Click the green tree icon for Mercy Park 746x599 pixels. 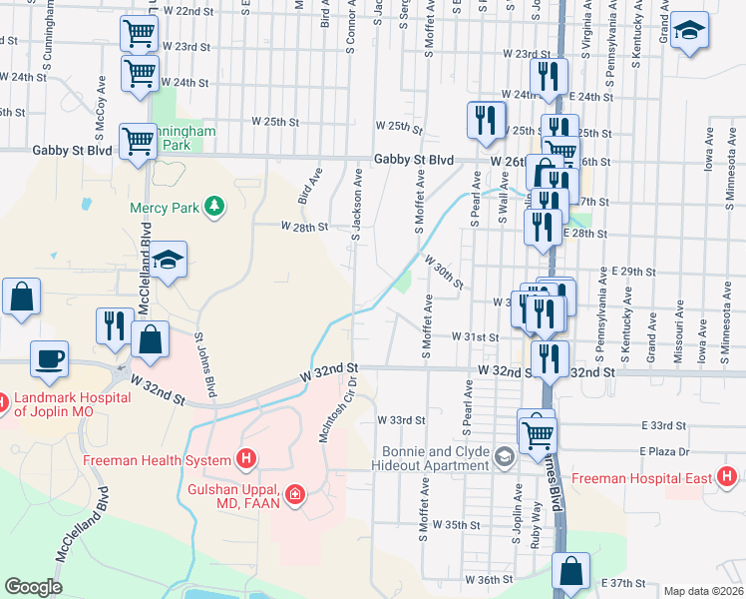point(212,207)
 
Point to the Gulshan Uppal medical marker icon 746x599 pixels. point(294,493)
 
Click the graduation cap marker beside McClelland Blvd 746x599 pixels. point(170,260)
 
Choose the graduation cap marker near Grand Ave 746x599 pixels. point(689,30)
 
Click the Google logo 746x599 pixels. point(34,587)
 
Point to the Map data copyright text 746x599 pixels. point(703,591)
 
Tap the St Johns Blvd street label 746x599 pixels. point(205,363)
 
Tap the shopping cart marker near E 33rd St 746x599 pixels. point(537,429)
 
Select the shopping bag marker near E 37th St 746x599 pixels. point(571,571)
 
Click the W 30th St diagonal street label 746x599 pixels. point(444,272)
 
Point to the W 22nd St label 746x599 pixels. point(187,10)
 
